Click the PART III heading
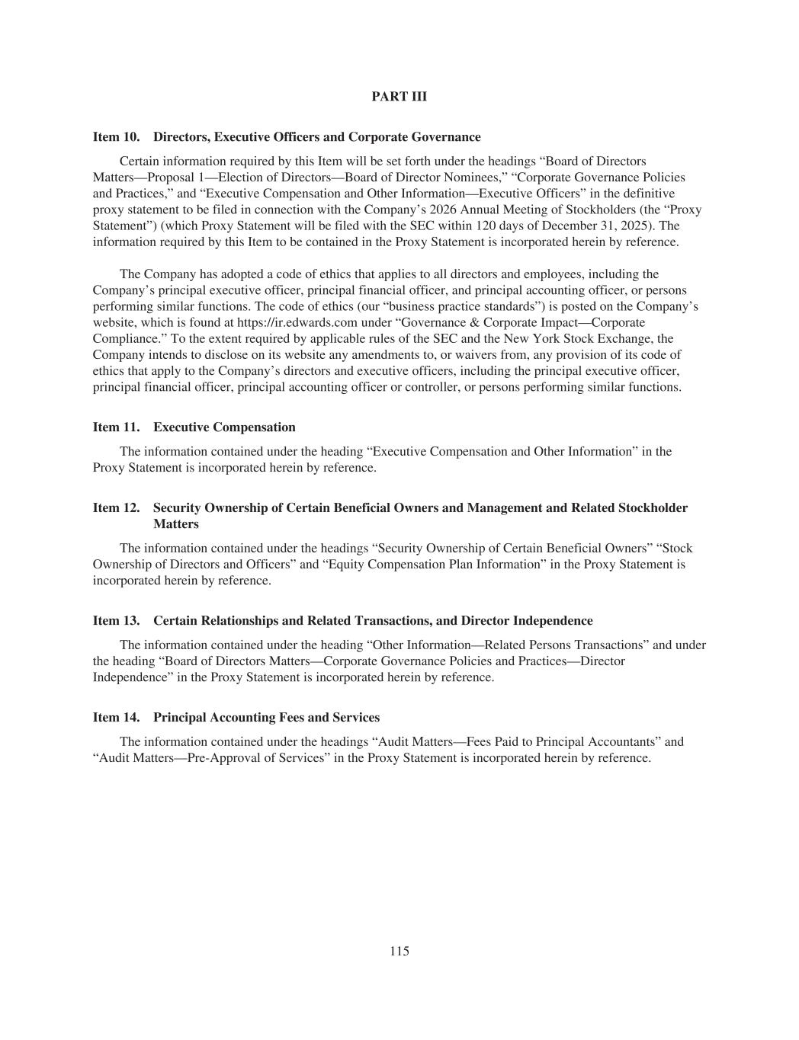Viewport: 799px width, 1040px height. pyautogui.click(x=399, y=97)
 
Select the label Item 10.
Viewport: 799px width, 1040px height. pyautogui.click(x=116, y=137)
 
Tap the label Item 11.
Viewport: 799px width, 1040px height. pyautogui.click(x=116, y=427)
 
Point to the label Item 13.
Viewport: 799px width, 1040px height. pyautogui.click(x=116, y=621)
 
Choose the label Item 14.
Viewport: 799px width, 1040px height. pyautogui.click(x=116, y=718)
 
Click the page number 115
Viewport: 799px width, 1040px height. pyautogui.click(x=399, y=951)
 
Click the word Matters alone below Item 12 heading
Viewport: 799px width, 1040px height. pyautogui.click(x=176, y=524)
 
